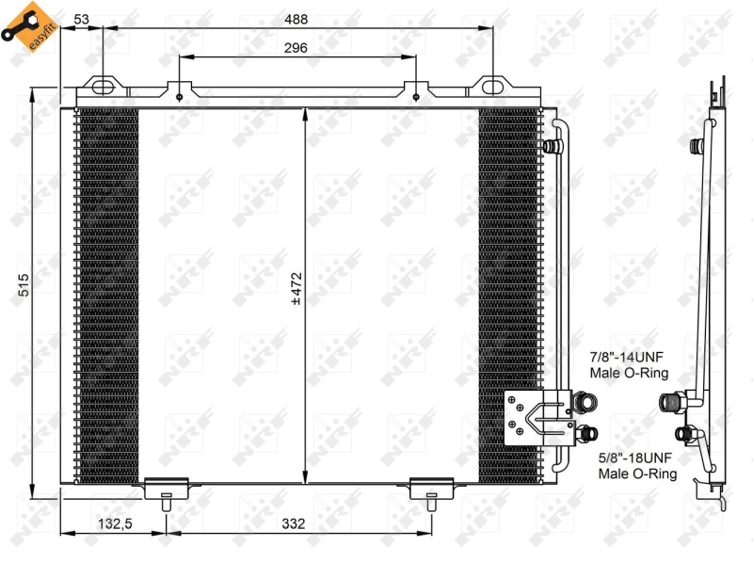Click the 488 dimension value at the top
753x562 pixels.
296,19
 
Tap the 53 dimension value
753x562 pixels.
81,19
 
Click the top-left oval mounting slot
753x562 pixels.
103,88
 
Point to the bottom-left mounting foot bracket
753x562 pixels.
166,490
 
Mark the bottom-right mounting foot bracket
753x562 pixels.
431,490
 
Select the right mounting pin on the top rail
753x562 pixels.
415,93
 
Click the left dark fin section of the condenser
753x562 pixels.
105,292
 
